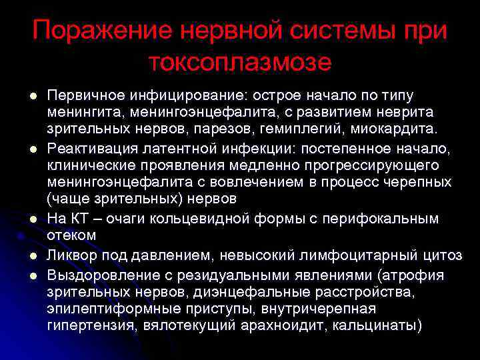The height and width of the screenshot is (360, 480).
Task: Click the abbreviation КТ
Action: pyautogui.click(x=79, y=219)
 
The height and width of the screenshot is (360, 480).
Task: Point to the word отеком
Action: pyautogui.click(x=72, y=234)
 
